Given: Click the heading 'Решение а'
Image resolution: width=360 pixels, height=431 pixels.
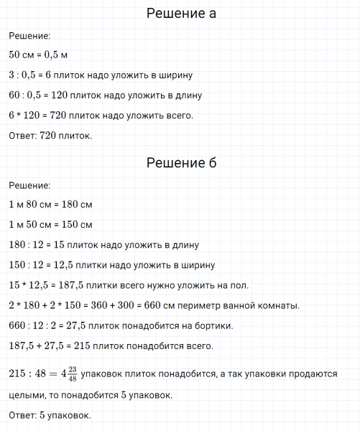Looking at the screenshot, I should tap(180, 14).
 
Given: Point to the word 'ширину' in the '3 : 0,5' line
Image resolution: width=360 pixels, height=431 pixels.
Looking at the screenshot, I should tap(172, 75).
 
